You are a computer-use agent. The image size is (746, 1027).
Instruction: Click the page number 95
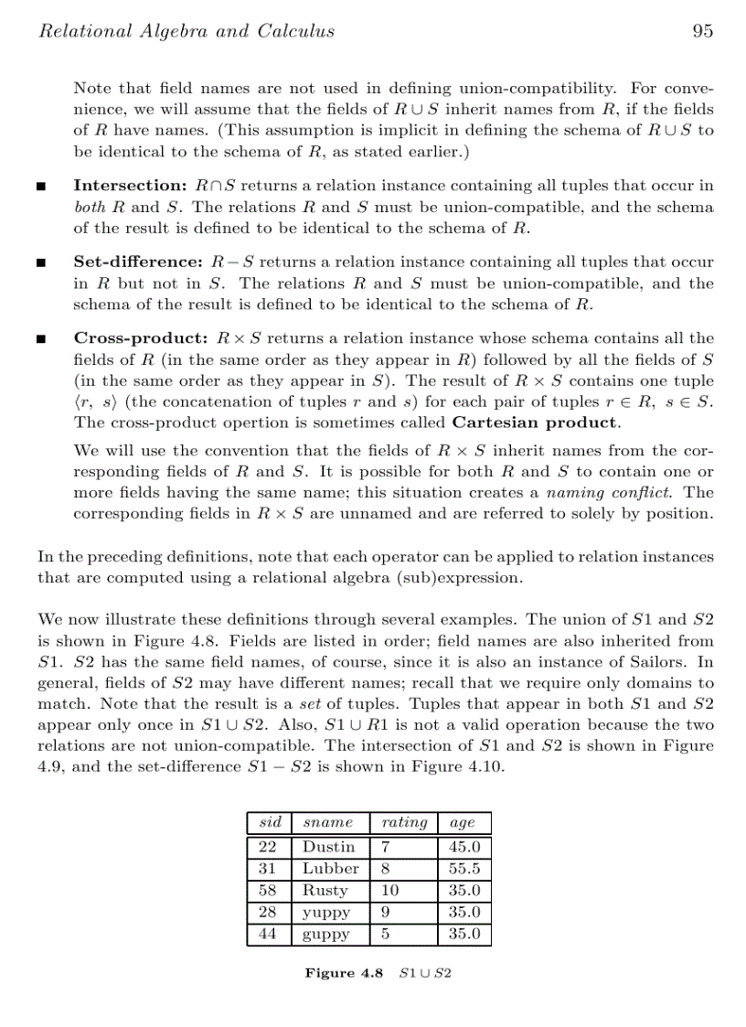(702, 31)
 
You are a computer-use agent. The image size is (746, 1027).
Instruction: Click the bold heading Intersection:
(131, 186)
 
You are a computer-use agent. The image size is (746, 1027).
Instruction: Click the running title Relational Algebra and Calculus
(186, 31)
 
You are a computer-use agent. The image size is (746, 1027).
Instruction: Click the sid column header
(270, 822)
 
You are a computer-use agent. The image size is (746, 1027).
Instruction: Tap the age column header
(463, 822)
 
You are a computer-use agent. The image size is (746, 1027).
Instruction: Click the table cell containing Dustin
(328, 847)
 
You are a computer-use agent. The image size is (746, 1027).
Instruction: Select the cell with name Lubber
(330, 869)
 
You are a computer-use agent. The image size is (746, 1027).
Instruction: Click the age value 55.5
(464, 869)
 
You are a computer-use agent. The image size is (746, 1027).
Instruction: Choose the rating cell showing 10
(389, 891)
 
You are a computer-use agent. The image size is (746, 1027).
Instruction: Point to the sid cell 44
(268, 935)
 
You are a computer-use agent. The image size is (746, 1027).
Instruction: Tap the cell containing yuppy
(325, 913)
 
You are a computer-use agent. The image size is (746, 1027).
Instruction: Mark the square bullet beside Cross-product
(40, 339)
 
